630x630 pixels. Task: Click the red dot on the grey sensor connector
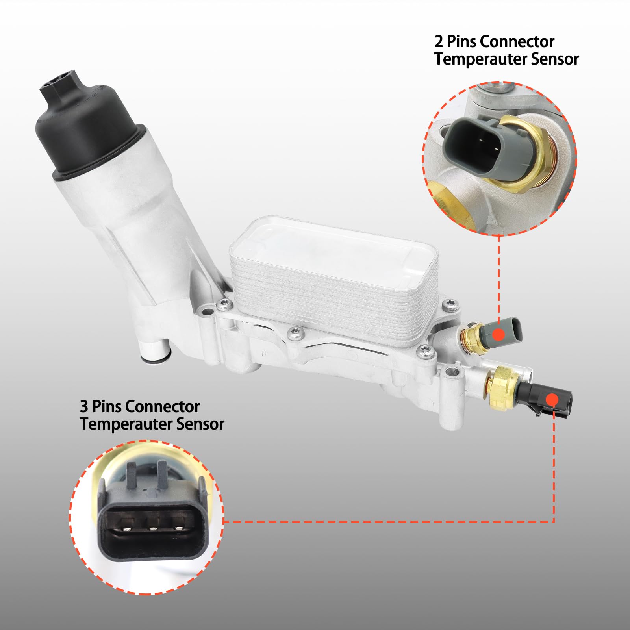499,335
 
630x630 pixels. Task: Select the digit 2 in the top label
439,42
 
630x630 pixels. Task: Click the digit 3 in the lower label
84,407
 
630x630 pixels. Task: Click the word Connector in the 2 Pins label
517,42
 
